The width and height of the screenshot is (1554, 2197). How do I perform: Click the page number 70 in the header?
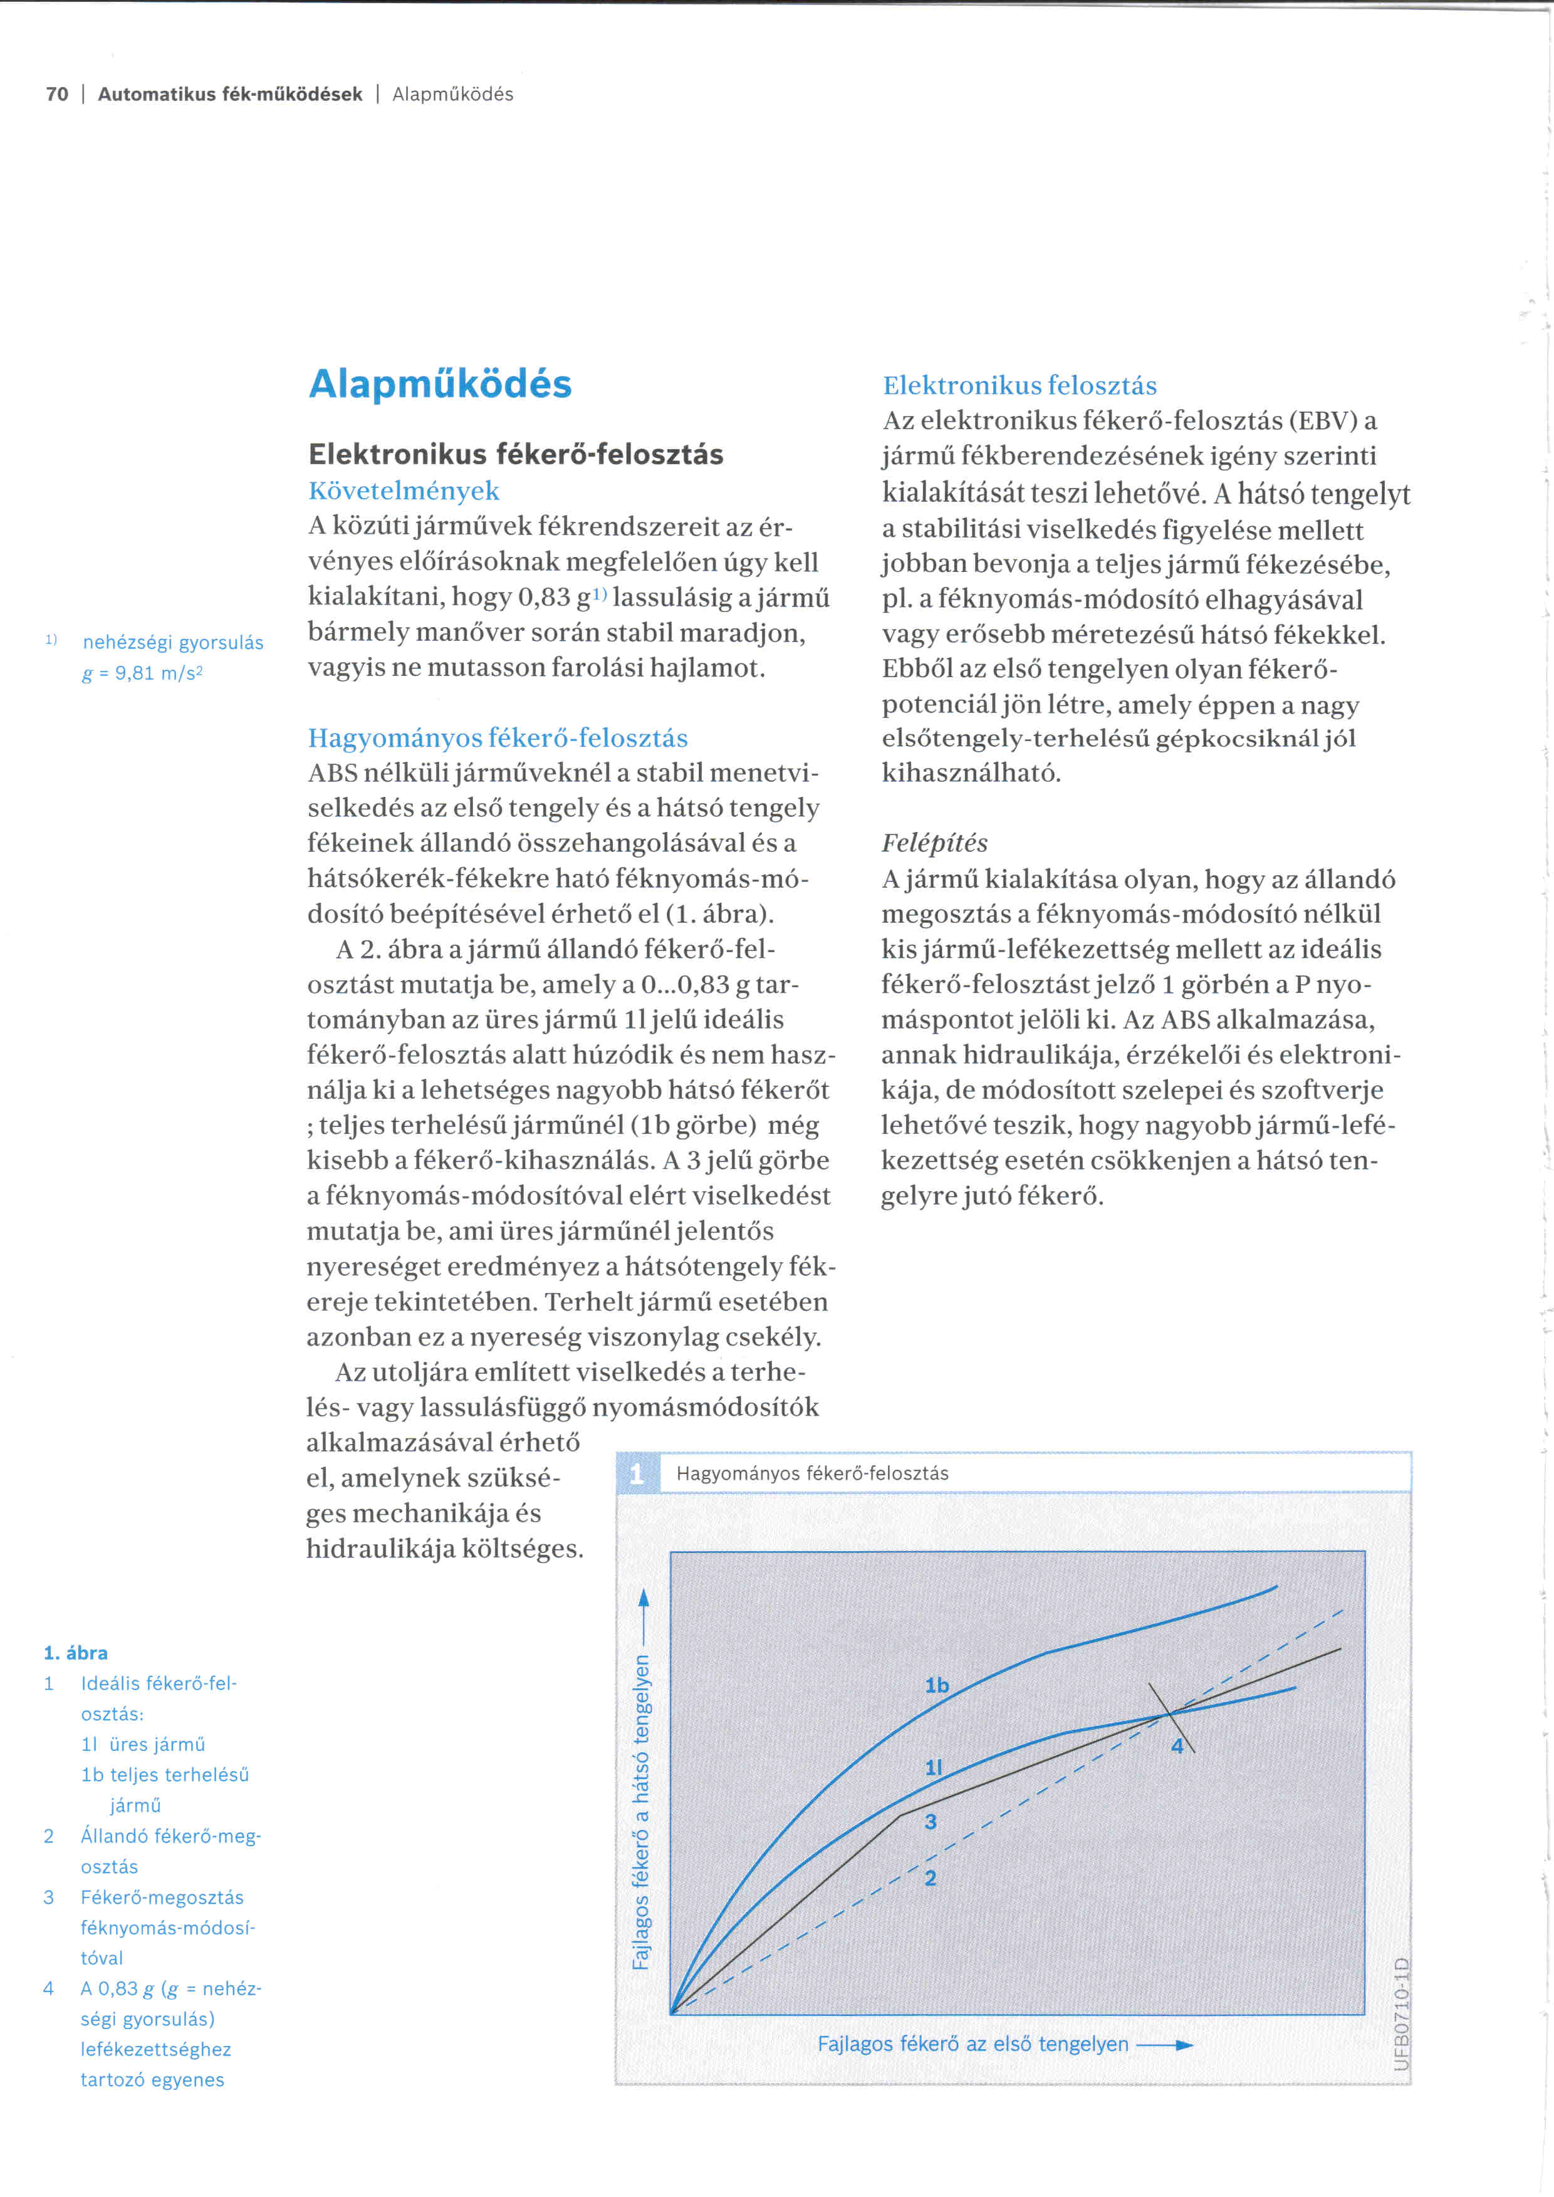[x=58, y=94]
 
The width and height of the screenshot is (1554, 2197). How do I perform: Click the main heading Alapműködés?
[x=440, y=385]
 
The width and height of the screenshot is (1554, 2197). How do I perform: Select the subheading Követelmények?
[x=404, y=491]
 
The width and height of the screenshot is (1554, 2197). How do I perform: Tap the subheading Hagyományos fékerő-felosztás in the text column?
[x=498, y=738]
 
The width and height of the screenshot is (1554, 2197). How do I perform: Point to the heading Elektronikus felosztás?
[x=1019, y=386]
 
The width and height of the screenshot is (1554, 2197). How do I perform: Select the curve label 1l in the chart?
[x=934, y=1767]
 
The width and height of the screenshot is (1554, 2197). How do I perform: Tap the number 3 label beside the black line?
[x=930, y=1822]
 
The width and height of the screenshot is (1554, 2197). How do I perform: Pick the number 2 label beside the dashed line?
[x=930, y=1878]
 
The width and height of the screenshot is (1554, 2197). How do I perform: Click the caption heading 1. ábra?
[x=76, y=1653]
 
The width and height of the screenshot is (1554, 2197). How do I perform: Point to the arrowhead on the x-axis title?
[x=1185, y=2045]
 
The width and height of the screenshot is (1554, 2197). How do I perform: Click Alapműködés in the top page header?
[x=452, y=94]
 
